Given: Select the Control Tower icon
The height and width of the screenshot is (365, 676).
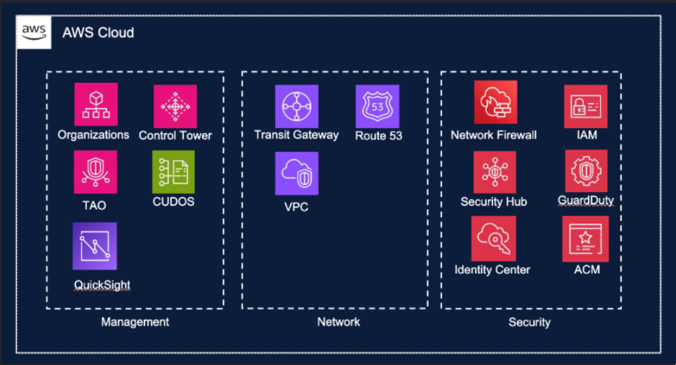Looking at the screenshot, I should [175, 107].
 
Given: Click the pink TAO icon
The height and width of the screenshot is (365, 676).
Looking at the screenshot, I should [96, 172].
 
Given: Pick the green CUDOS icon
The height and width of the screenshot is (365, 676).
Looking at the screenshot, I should [174, 172].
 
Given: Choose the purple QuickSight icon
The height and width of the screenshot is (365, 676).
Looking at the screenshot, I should [95, 246].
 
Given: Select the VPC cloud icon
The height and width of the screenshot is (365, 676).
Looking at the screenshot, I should [297, 173].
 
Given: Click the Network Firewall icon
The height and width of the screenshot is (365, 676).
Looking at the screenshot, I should [495, 103].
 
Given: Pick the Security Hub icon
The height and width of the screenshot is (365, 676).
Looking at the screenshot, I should [495, 172].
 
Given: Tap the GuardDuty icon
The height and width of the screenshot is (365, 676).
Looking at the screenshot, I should [586, 171].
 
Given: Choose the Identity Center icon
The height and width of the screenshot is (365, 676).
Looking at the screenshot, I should [493, 239].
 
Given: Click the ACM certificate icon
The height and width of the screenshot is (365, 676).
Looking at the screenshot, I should [586, 239].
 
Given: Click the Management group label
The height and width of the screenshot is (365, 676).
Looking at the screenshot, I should [135, 322].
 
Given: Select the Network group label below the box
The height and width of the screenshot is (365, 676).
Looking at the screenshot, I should [338, 322].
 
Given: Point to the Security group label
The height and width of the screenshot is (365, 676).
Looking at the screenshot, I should [529, 322].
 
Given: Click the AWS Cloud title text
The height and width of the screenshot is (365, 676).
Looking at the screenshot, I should [98, 33].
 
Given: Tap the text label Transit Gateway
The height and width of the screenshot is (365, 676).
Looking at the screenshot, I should [296, 135].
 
